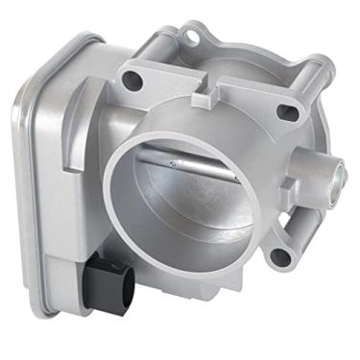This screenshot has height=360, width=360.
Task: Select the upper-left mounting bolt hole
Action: (x=133, y=75)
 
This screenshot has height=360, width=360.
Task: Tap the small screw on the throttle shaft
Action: (x=172, y=162)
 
